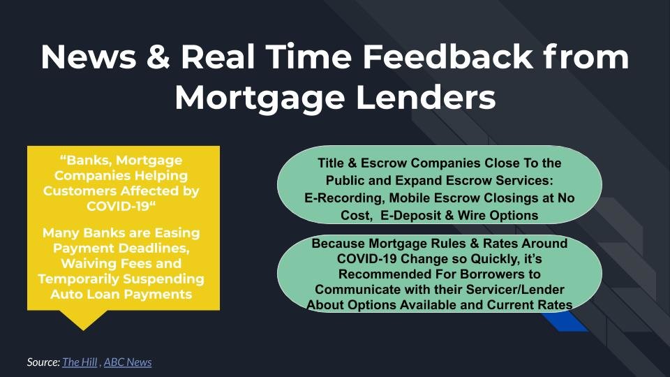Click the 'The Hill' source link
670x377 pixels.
point(80,362)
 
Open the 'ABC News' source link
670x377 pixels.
point(128,362)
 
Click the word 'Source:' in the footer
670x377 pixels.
point(43,362)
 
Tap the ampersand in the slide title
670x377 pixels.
point(158,57)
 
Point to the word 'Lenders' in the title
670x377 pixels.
point(426,98)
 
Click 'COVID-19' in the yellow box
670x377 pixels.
point(118,206)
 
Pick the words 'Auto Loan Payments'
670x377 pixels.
point(121,294)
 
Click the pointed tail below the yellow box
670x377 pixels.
point(83,320)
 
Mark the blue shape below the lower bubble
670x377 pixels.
point(565,321)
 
